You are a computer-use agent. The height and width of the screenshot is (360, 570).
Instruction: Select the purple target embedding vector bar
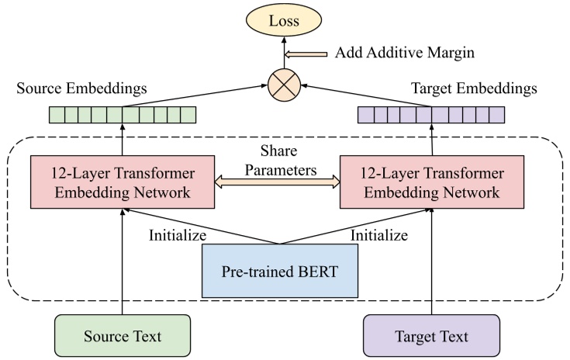click(x=430, y=115)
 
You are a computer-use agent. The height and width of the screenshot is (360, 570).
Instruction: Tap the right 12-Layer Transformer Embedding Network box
click(x=430, y=182)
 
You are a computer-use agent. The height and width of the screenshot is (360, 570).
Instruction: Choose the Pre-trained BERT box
click(x=279, y=271)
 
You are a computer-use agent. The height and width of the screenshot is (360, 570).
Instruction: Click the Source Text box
click(x=123, y=336)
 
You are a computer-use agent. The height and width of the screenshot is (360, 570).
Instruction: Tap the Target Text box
click(x=430, y=336)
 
